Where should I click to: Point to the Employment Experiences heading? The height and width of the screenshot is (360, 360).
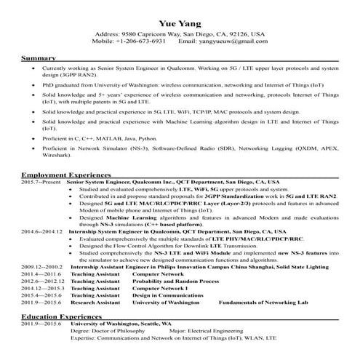coord(65,175)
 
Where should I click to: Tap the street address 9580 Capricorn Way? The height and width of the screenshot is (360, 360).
coord(149,34)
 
